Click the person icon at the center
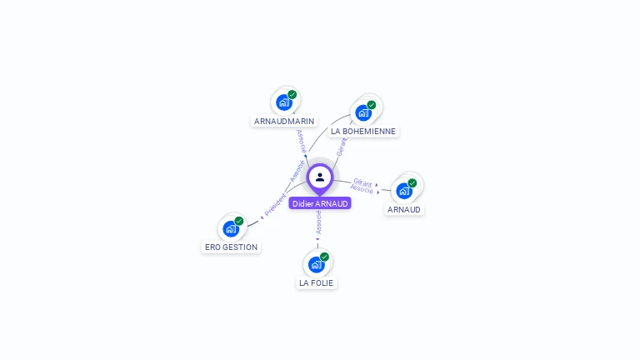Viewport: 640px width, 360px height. (x=320, y=177)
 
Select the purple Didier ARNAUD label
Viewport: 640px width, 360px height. (x=320, y=203)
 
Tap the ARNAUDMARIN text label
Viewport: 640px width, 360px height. (x=284, y=121)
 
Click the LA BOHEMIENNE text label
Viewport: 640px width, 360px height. (x=364, y=131)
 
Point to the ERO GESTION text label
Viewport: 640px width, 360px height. (x=232, y=247)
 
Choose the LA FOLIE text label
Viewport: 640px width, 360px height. (x=316, y=282)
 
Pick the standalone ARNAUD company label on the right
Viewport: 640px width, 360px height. (x=404, y=209)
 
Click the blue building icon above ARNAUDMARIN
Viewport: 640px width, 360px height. (x=284, y=102)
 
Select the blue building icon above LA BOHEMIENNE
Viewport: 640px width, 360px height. (x=362, y=112)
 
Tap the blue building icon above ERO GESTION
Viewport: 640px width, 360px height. (x=231, y=228)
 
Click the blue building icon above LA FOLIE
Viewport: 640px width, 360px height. (x=316, y=264)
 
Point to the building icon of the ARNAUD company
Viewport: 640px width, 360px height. (x=404, y=190)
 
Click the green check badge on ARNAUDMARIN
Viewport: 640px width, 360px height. (x=292, y=95)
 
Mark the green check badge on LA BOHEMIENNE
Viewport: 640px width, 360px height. (x=372, y=105)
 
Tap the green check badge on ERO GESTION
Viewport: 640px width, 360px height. (x=239, y=221)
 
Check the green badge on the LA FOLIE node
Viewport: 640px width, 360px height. (x=324, y=257)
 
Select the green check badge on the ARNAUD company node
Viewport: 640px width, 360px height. (x=412, y=182)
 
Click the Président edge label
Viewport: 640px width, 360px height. (x=275, y=205)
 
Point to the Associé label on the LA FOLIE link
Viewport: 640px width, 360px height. (x=318, y=221)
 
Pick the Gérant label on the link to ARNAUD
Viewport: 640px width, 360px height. (x=362, y=181)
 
